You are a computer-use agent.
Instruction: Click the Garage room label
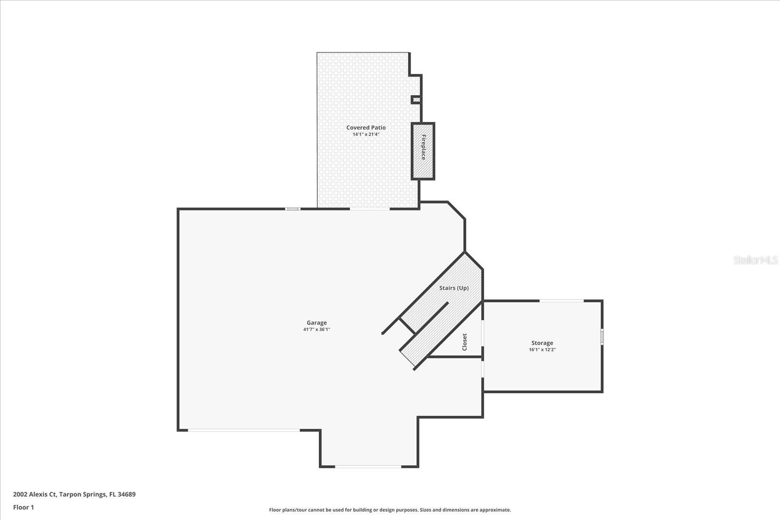tap(316, 323)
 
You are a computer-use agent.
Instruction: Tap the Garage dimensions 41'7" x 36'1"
tap(316, 329)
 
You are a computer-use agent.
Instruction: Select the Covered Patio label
tap(366, 128)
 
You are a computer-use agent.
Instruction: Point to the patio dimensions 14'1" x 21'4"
tap(366, 134)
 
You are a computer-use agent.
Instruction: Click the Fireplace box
tap(423, 151)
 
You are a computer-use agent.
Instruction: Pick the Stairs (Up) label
tap(453, 288)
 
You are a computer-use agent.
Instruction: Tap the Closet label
tap(464, 342)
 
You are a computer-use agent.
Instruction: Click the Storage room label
tap(542, 343)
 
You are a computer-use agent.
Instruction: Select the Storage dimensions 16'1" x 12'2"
tap(542, 349)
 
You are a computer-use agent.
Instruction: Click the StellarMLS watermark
tap(756, 260)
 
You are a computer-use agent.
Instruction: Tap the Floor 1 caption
tap(23, 507)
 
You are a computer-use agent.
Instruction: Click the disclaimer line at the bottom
tap(390, 510)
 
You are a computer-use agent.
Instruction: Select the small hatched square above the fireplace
tap(416, 100)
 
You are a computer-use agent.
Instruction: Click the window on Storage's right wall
tap(602, 337)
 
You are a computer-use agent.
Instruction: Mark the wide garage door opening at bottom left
tap(244, 430)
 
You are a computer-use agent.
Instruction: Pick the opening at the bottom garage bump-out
tap(368, 467)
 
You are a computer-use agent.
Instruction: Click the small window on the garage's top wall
tap(292, 209)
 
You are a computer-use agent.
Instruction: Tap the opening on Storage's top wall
tap(561, 301)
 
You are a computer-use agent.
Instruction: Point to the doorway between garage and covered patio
tap(370, 209)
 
